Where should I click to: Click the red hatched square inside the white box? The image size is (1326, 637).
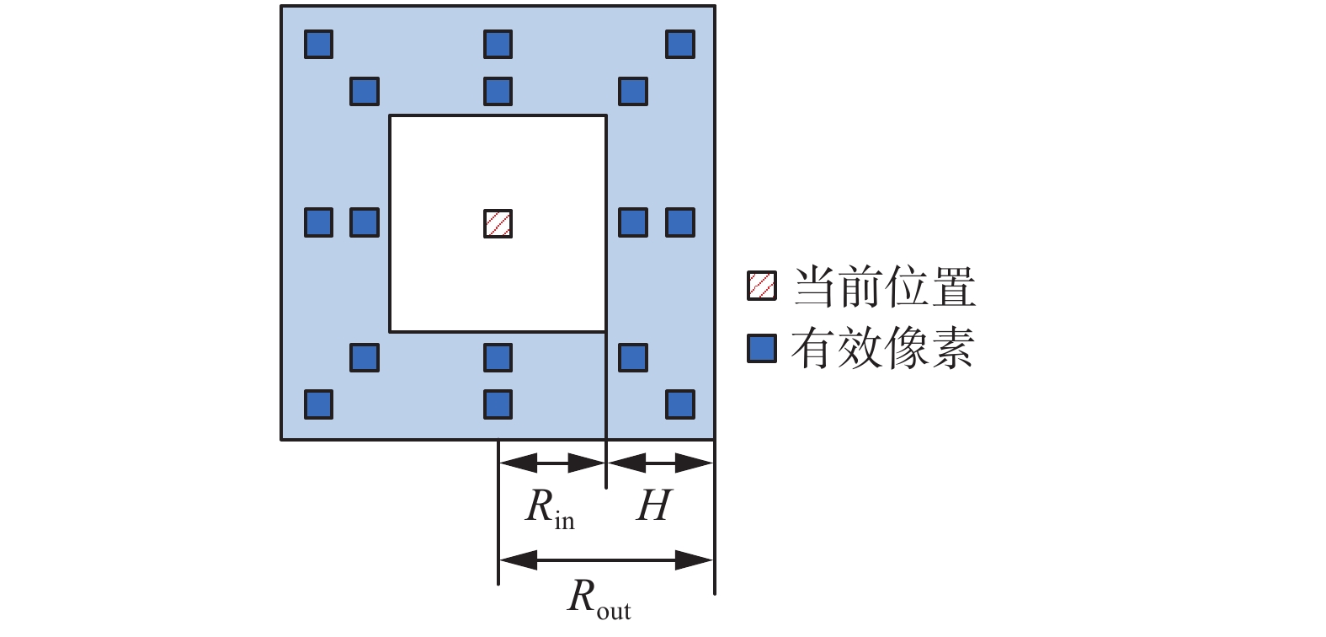(498, 223)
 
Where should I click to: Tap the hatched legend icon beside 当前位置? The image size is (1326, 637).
(761, 286)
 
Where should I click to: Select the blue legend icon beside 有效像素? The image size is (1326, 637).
(761, 348)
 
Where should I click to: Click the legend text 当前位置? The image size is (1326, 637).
(884, 286)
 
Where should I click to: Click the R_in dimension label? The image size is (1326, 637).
(550, 508)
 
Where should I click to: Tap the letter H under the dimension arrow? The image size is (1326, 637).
(654, 506)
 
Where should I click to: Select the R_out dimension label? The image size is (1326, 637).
(599, 599)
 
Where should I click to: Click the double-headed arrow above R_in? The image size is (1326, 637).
(552, 463)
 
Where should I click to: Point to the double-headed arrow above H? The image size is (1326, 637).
(660, 463)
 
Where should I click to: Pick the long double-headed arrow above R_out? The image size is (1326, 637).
(606, 559)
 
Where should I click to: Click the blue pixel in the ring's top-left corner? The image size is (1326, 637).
(318, 44)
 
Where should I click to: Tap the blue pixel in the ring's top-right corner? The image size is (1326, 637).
(679, 44)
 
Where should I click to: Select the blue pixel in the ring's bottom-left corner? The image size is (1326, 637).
(318, 404)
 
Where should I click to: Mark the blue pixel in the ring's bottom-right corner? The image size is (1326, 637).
(679, 404)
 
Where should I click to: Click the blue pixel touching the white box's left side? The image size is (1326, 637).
(365, 223)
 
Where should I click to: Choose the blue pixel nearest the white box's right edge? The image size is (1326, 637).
(632, 223)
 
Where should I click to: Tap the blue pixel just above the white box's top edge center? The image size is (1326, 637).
(498, 91)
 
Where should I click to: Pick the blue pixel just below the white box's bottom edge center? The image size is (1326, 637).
(498, 357)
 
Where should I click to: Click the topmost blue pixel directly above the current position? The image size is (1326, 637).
(498, 44)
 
